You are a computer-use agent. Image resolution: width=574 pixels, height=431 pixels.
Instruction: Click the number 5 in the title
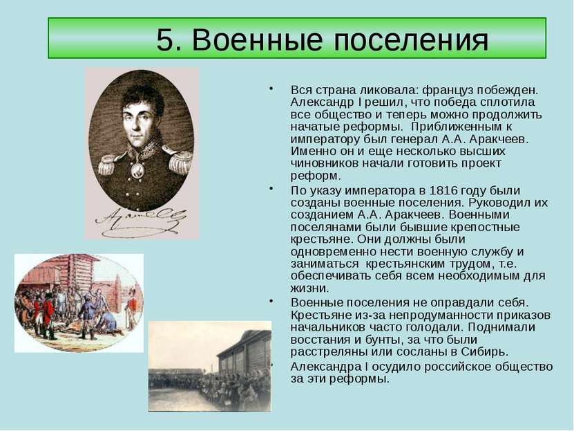164,39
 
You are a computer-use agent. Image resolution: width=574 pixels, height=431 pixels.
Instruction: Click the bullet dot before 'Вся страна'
271,89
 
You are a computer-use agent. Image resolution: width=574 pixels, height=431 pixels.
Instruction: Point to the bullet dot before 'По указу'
271,189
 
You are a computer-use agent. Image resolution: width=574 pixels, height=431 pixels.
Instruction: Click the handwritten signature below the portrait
141,222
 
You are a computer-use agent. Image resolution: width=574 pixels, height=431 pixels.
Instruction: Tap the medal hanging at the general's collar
137,169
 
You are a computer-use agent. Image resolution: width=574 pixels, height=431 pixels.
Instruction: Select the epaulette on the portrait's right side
179,161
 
